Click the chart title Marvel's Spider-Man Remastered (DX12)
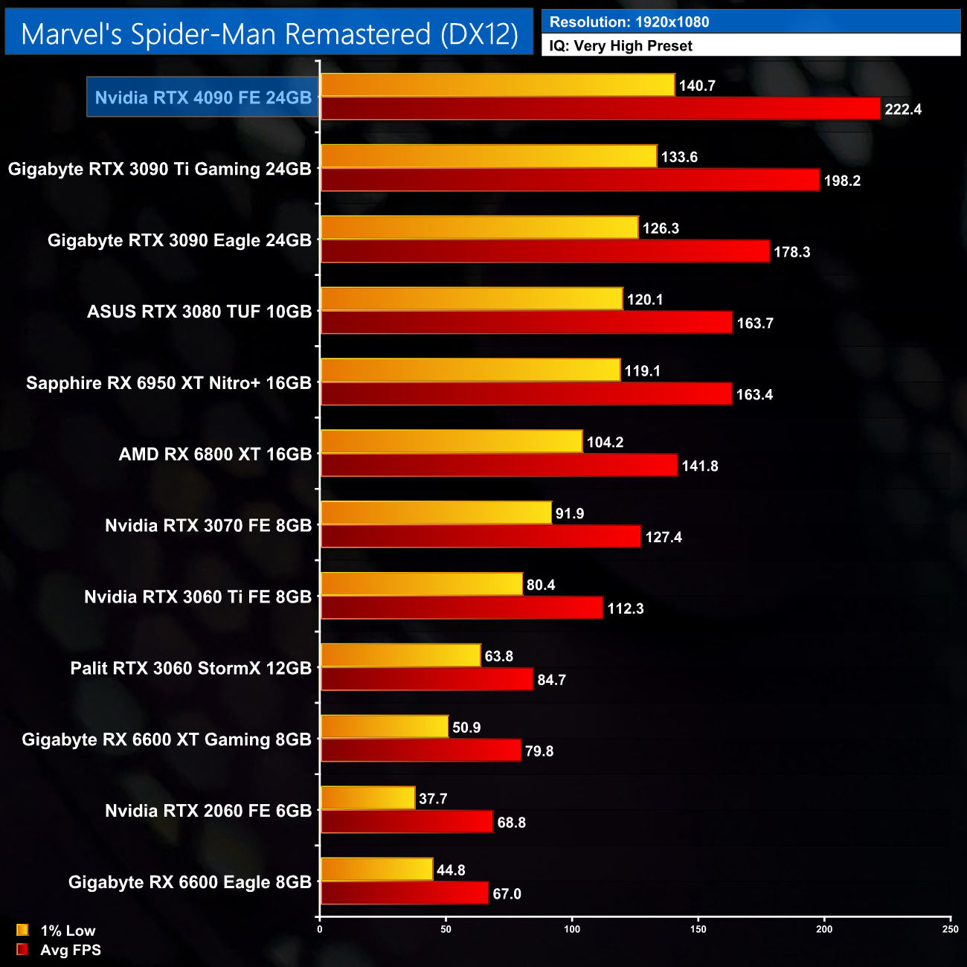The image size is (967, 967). (269, 33)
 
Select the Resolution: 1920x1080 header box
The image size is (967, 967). (751, 22)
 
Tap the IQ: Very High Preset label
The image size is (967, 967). (751, 45)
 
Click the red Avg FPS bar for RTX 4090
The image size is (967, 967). (600, 109)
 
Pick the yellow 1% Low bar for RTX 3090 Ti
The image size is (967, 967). (489, 156)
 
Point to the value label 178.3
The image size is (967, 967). (791, 252)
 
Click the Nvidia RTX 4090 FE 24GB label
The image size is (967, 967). (203, 97)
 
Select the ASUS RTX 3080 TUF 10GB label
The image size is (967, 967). (199, 312)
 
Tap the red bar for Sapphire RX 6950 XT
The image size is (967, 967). (526, 394)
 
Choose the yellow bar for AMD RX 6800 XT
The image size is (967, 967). (452, 442)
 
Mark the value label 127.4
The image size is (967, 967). (663, 537)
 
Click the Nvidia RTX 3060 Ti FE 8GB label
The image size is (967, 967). (198, 597)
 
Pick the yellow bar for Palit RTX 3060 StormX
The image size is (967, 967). (400, 655)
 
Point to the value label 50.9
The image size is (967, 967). (466, 727)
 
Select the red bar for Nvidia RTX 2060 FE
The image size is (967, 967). (406, 822)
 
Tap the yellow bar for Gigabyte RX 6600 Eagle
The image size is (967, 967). (376, 870)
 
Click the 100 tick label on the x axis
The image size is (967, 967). (572, 929)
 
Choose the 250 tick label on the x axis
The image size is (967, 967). (950, 929)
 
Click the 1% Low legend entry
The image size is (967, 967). (57, 931)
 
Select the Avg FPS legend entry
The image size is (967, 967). (60, 950)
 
